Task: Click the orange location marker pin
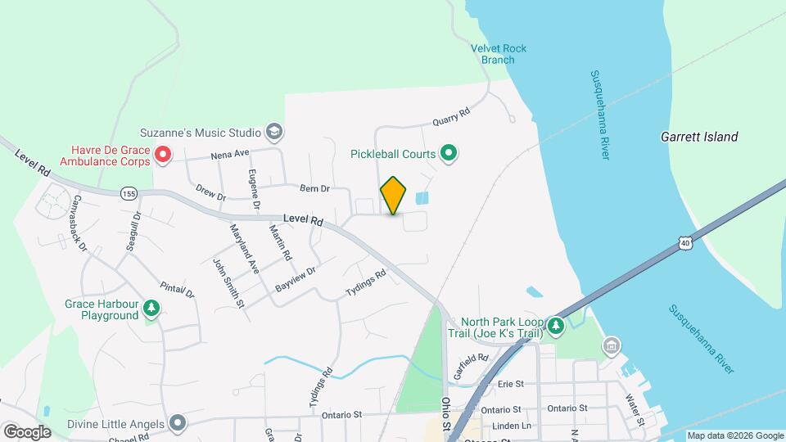click(x=393, y=195)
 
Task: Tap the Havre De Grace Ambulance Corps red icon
click(x=163, y=154)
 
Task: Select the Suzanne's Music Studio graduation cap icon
click(x=274, y=132)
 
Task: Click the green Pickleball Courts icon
click(x=449, y=153)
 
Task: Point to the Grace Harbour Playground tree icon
click(x=151, y=308)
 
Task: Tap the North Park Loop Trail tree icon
click(x=556, y=327)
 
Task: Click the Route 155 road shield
click(x=128, y=193)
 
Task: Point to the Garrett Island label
click(x=699, y=138)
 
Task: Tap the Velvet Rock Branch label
click(x=498, y=54)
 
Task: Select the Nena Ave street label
click(x=229, y=154)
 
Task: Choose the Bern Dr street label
click(x=314, y=188)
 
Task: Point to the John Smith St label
click(x=229, y=283)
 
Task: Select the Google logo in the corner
click(x=27, y=431)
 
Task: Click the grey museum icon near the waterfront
click(x=611, y=346)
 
